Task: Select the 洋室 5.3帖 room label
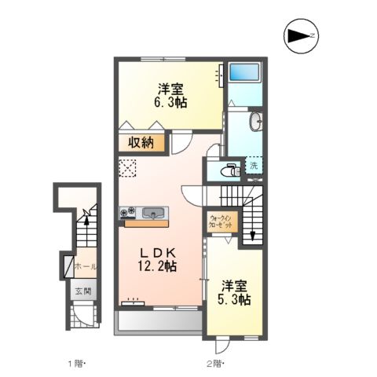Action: click(x=234, y=292)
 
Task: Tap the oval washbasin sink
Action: click(x=255, y=123)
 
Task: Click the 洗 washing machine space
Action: click(x=254, y=166)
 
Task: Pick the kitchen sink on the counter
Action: click(x=153, y=213)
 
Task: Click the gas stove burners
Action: click(x=126, y=212)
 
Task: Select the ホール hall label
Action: click(x=84, y=267)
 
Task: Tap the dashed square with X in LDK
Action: click(x=127, y=167)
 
